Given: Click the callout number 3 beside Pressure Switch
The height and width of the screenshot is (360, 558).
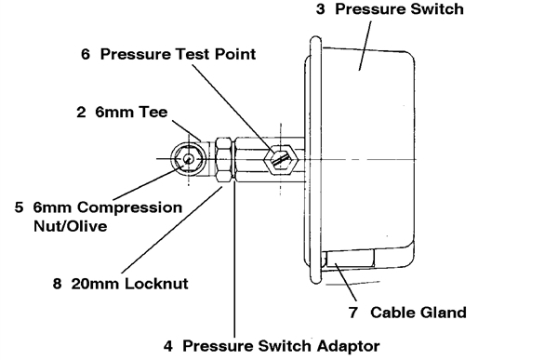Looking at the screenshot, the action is pyautogui.click(x=320, y=9).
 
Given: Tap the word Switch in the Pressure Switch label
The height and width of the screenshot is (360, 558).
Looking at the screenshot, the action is pyautogui.click(x=437, y=9).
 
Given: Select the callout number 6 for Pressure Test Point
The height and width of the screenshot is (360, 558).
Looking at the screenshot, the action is pyautogui.click(x=86, y=54).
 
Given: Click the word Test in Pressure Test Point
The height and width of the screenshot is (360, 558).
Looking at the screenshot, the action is pyautogui.click(x=193, y=54).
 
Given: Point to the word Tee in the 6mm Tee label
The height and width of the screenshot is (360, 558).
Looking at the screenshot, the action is pyautogui.click(x=153, y=112).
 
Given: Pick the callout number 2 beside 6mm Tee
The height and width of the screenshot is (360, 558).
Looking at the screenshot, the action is pyautogui.click(x=81, y=112).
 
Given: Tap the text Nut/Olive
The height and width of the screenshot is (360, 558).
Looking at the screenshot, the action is pyautogui.click(x=70, y=226).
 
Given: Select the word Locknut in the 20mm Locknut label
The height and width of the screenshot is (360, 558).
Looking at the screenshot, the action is pyautogui.click(x=156, y=284).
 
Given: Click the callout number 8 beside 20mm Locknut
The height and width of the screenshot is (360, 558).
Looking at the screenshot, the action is pyautogui.click(x=57, y=284).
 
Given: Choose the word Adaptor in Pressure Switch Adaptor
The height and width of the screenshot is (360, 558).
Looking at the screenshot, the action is pyautogui.click(x=348, y=346).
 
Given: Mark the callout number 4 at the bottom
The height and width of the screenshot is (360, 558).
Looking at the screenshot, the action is pyautogui.click(x=168, y=346).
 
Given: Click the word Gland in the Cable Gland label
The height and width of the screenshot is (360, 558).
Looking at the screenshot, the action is pyautogui.click(x=443, y=313).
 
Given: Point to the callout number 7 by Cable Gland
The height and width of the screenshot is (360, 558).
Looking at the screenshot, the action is pyautogui.click(x=352, y=313).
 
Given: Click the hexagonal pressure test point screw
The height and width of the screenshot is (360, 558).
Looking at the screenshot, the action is pyautogui.click(x=281, y=159).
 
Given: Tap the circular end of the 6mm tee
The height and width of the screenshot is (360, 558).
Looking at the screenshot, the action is pyautogui.click(x=188, y=159).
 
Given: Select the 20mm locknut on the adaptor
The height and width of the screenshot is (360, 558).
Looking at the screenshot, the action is pyautogui.click(x=224, y=161).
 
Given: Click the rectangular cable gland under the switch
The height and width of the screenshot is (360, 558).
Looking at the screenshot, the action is pyautogui.click(x=351, y=258).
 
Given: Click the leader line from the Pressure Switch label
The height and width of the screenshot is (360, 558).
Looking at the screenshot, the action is pyautogui.click(x=365, y=46).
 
